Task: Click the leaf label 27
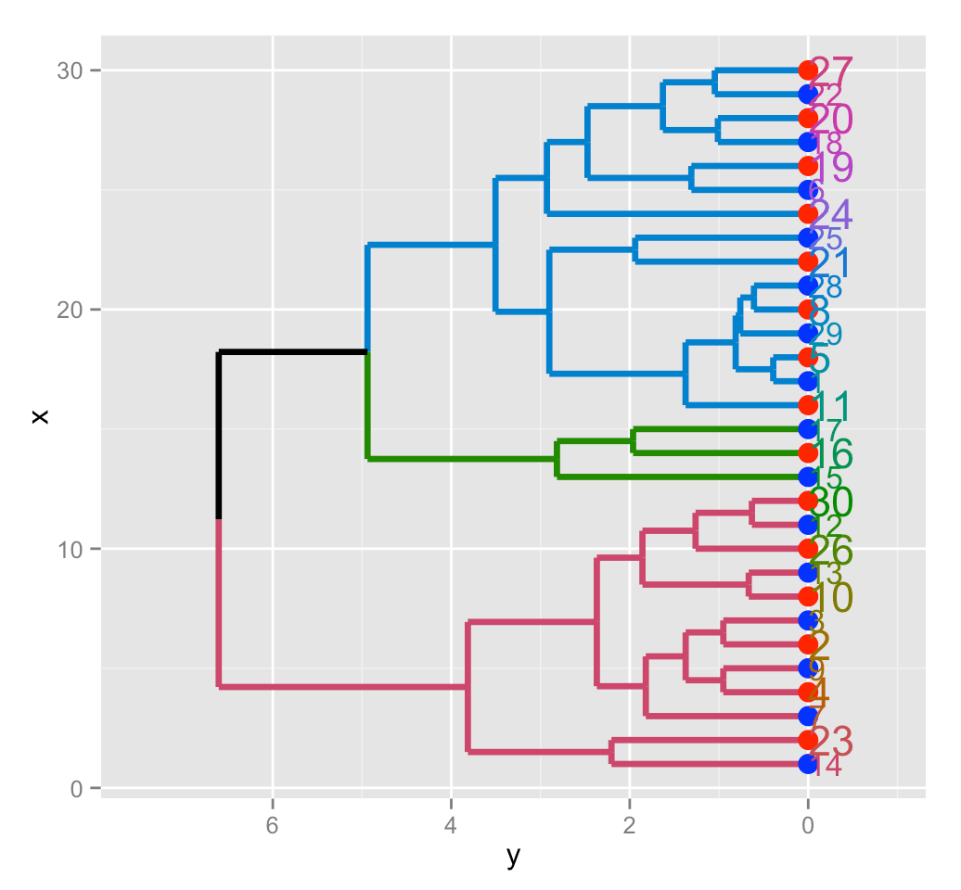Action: [x=831, y=71]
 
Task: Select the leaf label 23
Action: [x=831, y=741]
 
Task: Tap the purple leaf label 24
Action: [x=831, y=215]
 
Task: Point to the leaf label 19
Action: [x=831, y=167]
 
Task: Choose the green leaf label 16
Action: [x=831, y=454]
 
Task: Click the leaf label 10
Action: [x=831, y=598]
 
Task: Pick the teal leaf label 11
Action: [x=831, y=406]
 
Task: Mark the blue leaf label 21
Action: [x=831, y=262]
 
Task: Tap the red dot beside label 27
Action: [x=807, y=70]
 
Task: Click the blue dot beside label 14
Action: [x=807, y=764]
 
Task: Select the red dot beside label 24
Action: [x=807, y=214]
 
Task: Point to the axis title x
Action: [x=39, y=417]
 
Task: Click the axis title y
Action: [x=513, y=857]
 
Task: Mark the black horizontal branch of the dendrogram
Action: [x=292, y=352]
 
